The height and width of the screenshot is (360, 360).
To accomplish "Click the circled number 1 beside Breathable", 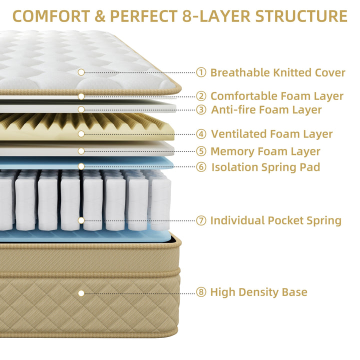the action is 201,72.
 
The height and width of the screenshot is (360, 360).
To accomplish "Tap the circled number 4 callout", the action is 201,134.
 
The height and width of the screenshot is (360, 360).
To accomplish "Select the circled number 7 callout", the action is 201,220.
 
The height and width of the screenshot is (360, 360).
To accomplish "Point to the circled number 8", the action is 201,292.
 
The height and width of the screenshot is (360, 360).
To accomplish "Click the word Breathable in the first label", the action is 240,72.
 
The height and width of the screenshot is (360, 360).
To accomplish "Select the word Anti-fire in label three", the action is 233,109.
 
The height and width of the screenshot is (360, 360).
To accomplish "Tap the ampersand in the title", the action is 100,16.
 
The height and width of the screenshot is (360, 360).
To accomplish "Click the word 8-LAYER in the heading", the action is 216,16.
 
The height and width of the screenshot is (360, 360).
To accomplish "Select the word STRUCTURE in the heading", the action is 301,16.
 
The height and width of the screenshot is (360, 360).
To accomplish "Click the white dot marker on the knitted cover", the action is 81,72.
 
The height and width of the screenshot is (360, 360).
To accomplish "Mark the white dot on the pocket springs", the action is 81,220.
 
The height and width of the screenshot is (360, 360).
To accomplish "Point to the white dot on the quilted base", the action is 81,293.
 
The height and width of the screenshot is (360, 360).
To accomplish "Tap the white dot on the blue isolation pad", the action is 81,166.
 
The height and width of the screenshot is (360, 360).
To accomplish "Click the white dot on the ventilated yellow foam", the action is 81,134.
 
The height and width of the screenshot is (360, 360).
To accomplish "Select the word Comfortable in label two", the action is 244,96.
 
